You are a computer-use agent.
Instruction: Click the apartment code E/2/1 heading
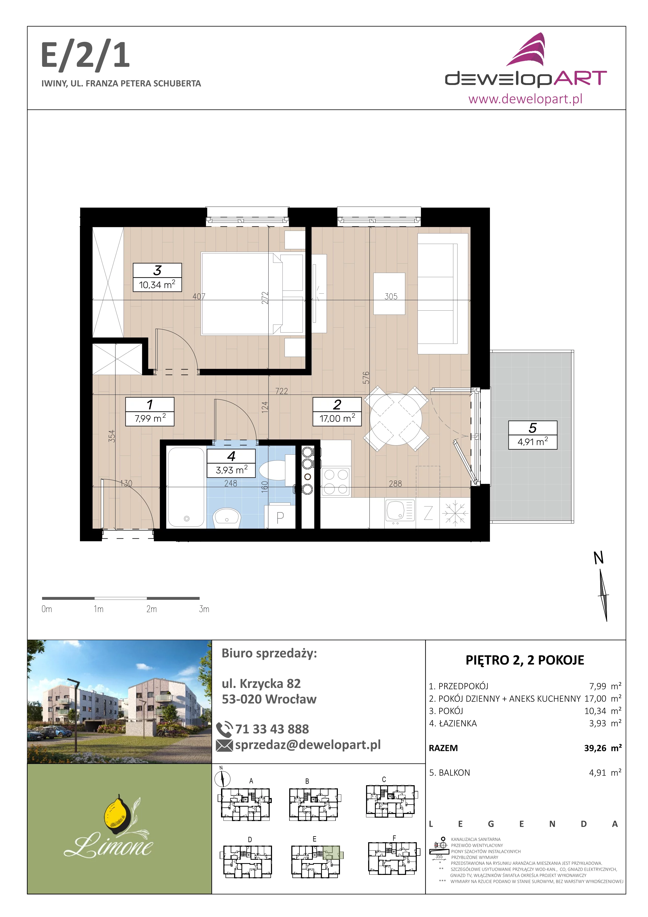[85, 56]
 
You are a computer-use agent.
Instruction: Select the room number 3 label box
[157, 277]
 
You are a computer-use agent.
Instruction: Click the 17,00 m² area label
[337, 419]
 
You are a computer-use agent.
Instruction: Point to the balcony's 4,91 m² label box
[533, 435]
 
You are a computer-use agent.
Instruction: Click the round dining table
[396, 419]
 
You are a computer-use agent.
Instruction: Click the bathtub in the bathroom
[186, 487]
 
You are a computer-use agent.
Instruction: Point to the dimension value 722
[281, 391]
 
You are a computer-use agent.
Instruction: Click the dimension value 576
[366, 378]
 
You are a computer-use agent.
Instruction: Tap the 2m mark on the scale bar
[151, 609]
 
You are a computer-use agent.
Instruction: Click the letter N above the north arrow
[599, 558]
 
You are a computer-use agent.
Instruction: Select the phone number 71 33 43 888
[272, 729]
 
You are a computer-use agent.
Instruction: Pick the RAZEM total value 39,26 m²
[603, 748]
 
